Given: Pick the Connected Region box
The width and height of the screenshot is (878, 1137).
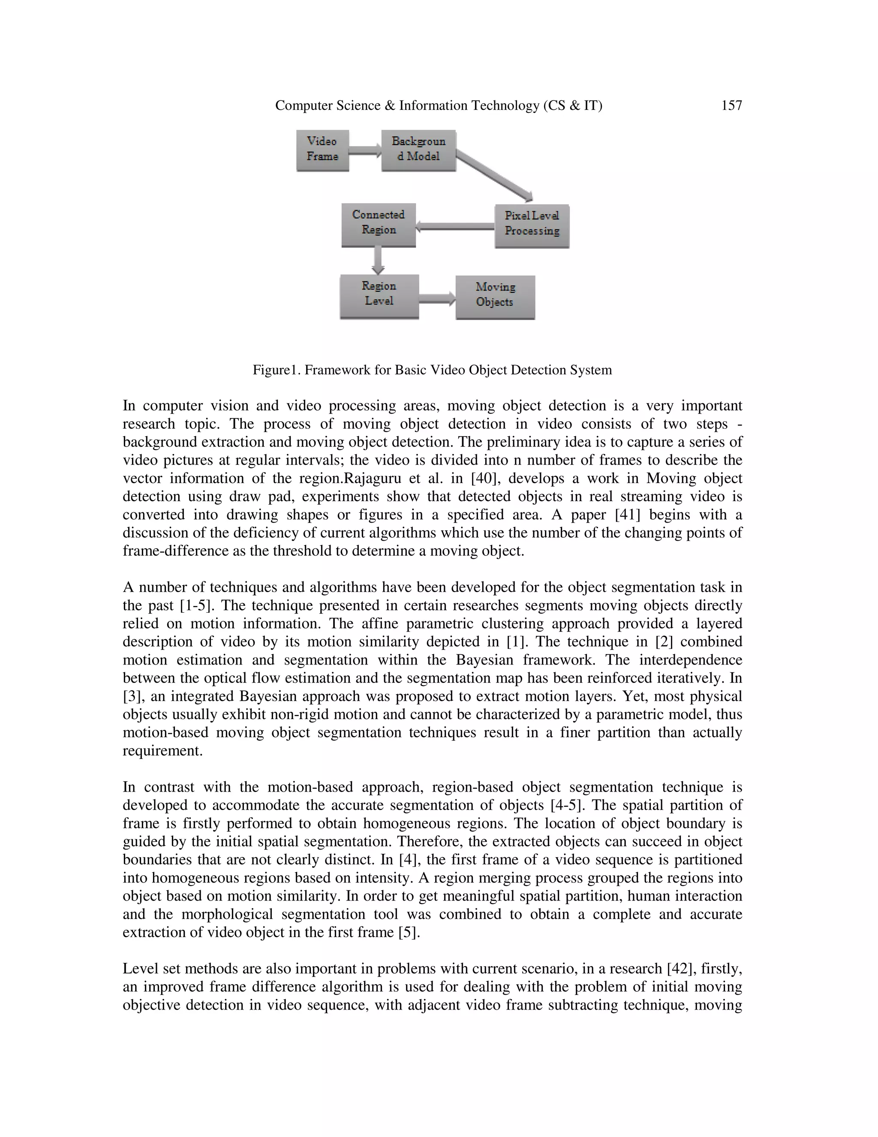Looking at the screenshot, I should pyautogui.click(x=378, y=224).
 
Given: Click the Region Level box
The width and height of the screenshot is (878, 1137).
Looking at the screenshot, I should pyautogui.click(x=379, y=296).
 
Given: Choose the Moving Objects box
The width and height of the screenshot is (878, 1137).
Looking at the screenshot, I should pyautogui.click(x=495, y=297).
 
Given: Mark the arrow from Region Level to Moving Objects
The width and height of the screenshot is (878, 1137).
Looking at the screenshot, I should pyautogui.click(x=437, y=298).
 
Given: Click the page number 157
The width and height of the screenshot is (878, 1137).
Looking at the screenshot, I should pyautogui.click(x=731, y=106).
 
